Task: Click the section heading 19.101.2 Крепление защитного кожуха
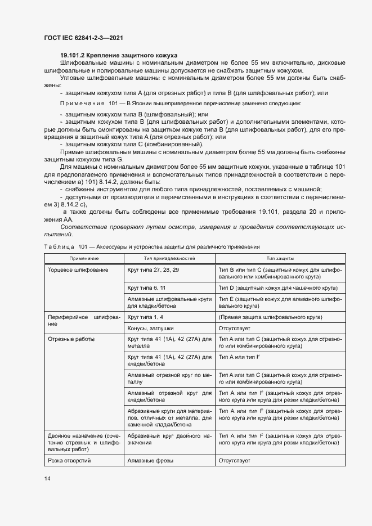pos(119,55)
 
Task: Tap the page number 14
pos(47,478)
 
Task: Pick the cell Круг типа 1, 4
pos(146,317)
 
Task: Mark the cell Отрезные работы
pos(71,339)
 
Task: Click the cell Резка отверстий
pos(70,460)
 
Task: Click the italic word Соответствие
pos(82,226)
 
